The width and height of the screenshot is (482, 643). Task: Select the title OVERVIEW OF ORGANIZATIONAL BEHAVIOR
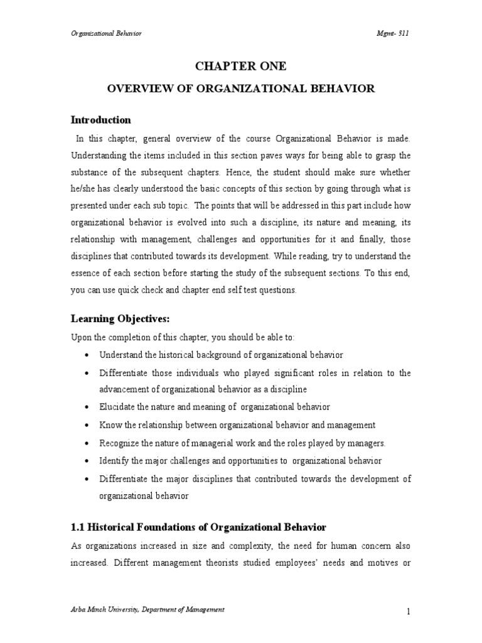click(x=240, y=89)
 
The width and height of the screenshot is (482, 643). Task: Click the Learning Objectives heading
click(x=120, y=319)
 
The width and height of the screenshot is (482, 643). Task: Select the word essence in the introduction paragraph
click(x=86, y=273)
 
